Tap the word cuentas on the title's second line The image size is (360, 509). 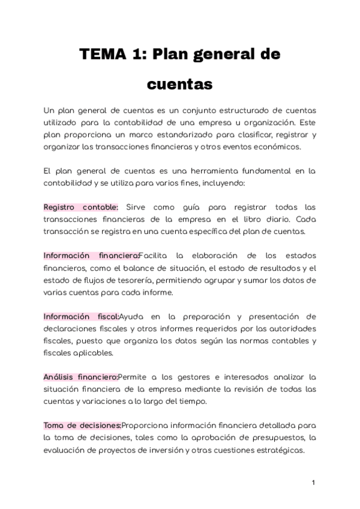pyautogui.click(x=179, y=85)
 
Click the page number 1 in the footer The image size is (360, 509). pyautogui.click(x=313, y=483)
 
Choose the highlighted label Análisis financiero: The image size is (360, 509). pyautogui.click(x=80, y=377)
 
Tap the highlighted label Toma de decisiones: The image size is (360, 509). pyautogui.click(x=82, y=426)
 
